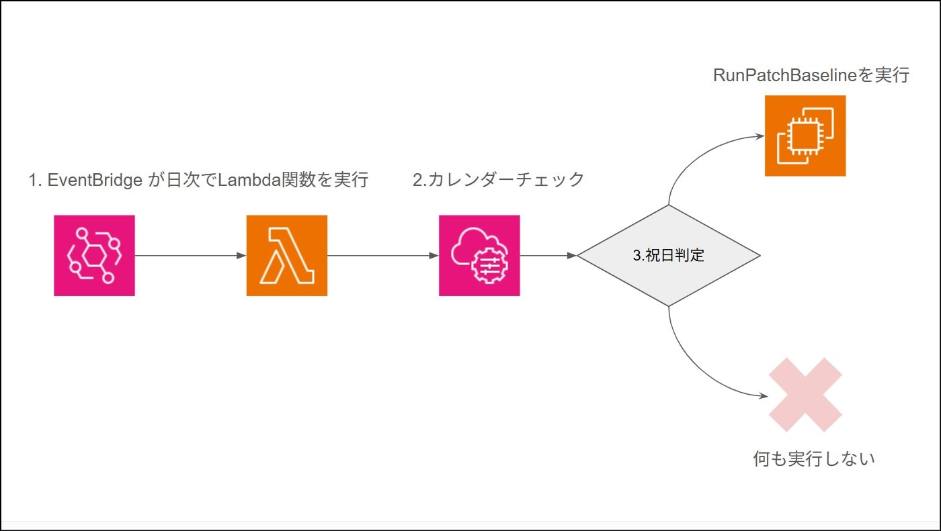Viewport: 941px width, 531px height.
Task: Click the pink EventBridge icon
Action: (94, 255)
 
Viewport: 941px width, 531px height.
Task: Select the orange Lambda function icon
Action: (286, 255)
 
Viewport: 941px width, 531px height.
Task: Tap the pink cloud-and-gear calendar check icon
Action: (479, 255)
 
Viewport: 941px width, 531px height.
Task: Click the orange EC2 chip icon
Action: (805, 136)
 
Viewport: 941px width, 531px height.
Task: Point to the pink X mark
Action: (805, 395)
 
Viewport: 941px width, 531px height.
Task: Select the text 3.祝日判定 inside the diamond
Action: (669, 256)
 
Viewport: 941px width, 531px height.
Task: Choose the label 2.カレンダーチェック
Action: (498, 180)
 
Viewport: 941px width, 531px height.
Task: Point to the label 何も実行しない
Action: (814, 459)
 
